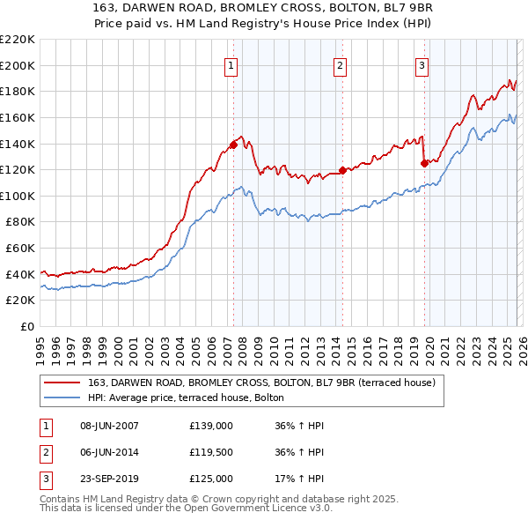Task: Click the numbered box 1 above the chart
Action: click(231, 64)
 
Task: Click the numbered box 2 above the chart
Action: click(340, 64)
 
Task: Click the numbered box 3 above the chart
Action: click(422, 64)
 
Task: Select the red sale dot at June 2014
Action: click(342, 170)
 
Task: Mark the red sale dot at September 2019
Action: click(424, 163)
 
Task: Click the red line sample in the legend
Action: click(62, 382)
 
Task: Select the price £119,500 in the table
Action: click(211, 452)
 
